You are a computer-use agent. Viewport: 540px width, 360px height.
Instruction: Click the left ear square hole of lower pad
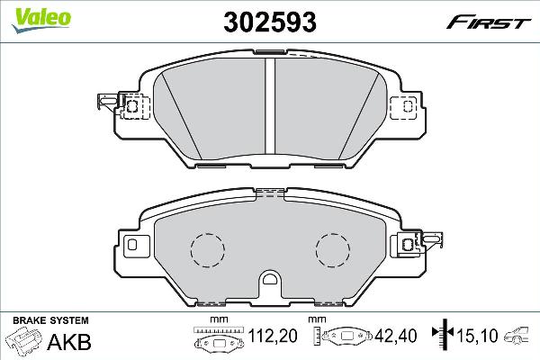132,245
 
